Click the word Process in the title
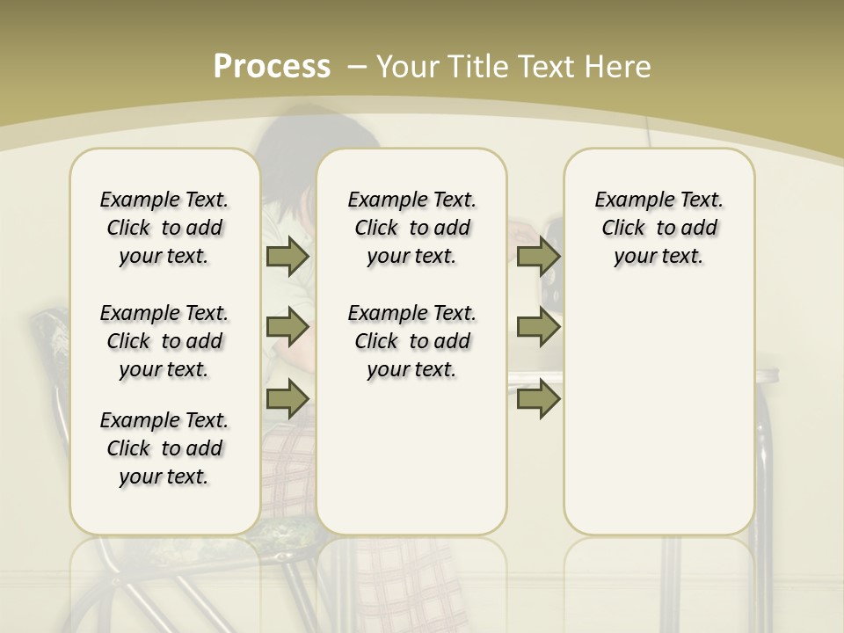(x=272, y=66)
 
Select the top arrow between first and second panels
(x=287, y=257)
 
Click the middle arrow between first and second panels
(x=287, y=327)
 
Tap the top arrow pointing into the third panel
(x=538, y=257)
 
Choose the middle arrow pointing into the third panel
(x=538, y=327)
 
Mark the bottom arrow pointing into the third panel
(x=538, y=398)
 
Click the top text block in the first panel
(x=164, y=228)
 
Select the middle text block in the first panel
(x=164, y=341)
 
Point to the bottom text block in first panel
(x=164, y=448)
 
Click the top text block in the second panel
(x=411, y=228)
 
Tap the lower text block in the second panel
(x=411, y=341)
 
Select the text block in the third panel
(x=659, y=228)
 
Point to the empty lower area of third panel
(x=659, y=413)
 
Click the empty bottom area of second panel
(x=411, y=466)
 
